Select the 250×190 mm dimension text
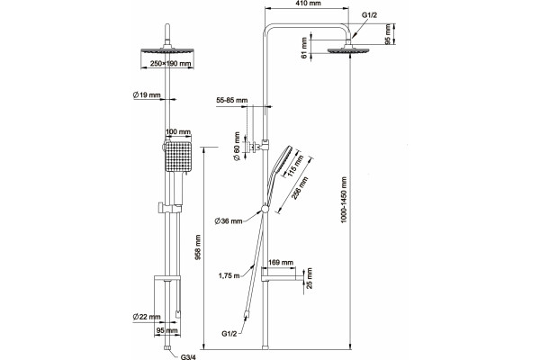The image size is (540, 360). pyautogui.click(x=170, y=64)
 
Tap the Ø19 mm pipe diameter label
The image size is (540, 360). pyautogui.click(x=147, y=94)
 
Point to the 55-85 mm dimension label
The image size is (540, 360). pyautogui.click(x=232, y=100)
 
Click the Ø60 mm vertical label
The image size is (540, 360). pyautogui.click(x=237, y=147)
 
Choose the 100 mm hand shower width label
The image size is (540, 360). pyautogui.click(x=178, y=131)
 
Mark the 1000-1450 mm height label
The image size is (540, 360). pyautogui.click(x=344, y=200)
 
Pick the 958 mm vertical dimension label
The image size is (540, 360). pyautogui.click(x=199, y=247)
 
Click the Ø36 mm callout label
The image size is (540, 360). pyautogui.click(x=229, y=221)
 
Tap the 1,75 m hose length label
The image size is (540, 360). pyautogui.click(x=229, y=275)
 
